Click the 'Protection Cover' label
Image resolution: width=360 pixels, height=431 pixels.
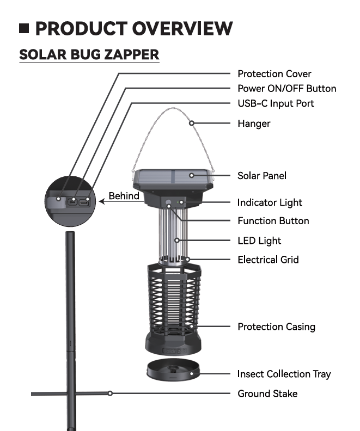274,74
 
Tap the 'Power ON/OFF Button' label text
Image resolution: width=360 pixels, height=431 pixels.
287,89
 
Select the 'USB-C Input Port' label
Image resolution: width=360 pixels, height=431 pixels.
276,103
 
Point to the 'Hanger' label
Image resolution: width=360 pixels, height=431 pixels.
254,124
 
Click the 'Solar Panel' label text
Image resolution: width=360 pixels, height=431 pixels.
262,176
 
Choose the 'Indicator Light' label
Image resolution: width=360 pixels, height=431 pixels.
270,202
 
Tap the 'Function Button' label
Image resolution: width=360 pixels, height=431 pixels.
273,221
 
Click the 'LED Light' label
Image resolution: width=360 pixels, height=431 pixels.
259,241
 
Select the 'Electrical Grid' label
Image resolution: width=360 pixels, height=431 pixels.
268,260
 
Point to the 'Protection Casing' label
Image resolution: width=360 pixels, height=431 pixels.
276,327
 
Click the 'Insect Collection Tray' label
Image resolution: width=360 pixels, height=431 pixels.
284,374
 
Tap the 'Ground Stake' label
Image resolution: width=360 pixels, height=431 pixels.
267,393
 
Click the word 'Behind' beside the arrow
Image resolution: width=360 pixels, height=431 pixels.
124,196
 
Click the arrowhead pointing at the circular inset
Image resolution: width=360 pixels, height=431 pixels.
101,201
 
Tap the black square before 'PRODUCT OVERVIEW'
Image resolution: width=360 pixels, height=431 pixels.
24,29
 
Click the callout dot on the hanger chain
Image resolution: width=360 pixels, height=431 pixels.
191,123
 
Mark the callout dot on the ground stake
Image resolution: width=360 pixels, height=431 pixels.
110,393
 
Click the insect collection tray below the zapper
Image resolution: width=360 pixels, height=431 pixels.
173,370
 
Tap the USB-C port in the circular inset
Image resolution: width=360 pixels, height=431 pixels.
84,203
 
